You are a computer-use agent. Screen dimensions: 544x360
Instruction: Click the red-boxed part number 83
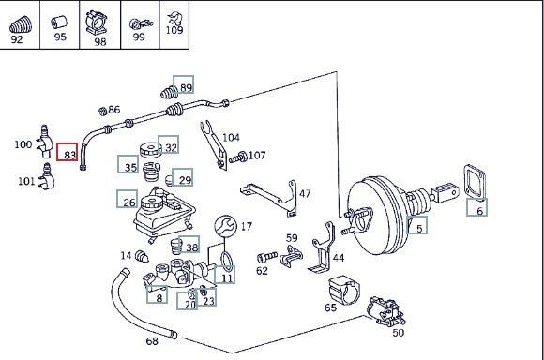click(x=68, y=152)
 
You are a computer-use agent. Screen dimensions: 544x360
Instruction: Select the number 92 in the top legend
click(x=17, y=39)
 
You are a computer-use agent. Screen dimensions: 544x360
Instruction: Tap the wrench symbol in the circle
click(x=225, y=226)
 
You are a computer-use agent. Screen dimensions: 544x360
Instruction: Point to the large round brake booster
click(x=377, y=216)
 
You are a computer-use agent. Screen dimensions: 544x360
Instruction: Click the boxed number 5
click(x=417, y=225)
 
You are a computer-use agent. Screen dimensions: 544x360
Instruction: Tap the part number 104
click(x=231, y=138)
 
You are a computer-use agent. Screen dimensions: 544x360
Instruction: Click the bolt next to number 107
click(x=237, y=157)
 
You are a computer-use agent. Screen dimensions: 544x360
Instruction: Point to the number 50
click(x=399, y=333)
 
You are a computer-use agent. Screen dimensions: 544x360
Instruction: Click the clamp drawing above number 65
click(x=344, y=291)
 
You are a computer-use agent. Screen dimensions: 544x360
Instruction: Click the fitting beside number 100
click(x=44, y=142)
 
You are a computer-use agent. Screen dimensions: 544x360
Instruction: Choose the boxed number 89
click(x=184, y=84)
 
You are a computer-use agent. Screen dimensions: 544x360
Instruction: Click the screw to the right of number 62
click(x=267, y=257)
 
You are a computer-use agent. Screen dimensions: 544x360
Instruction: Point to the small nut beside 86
click(x=102, y=112)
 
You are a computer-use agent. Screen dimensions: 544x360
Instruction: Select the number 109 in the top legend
click(x=174, y=30)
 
